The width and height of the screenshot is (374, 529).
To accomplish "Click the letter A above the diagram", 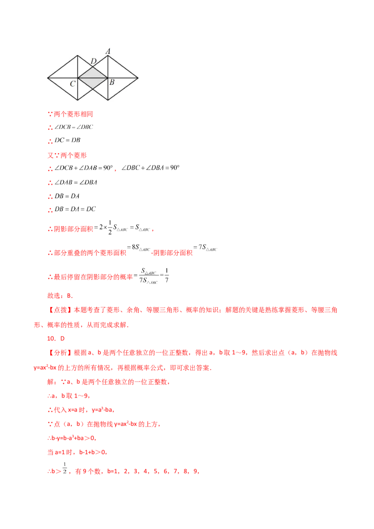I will [108, 51].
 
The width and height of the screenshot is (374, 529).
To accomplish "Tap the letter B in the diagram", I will [112, 83].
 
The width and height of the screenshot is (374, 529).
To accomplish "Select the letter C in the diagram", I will [73, 84].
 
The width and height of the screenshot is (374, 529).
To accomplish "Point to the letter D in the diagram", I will [93, 61].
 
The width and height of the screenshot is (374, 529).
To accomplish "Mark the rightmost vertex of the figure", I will [139, 78].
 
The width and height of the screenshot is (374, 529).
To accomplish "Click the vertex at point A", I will [108, 56].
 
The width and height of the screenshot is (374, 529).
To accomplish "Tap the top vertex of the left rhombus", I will [78, 56].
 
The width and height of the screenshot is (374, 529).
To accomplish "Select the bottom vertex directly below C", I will [78, 99].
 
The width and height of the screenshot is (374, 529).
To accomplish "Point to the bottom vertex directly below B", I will [108, 99].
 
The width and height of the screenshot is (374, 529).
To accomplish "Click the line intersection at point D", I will [93, 67].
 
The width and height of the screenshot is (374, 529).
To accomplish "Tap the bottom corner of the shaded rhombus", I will [93, 88].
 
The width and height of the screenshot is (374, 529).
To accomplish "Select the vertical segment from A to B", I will [108, 68].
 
